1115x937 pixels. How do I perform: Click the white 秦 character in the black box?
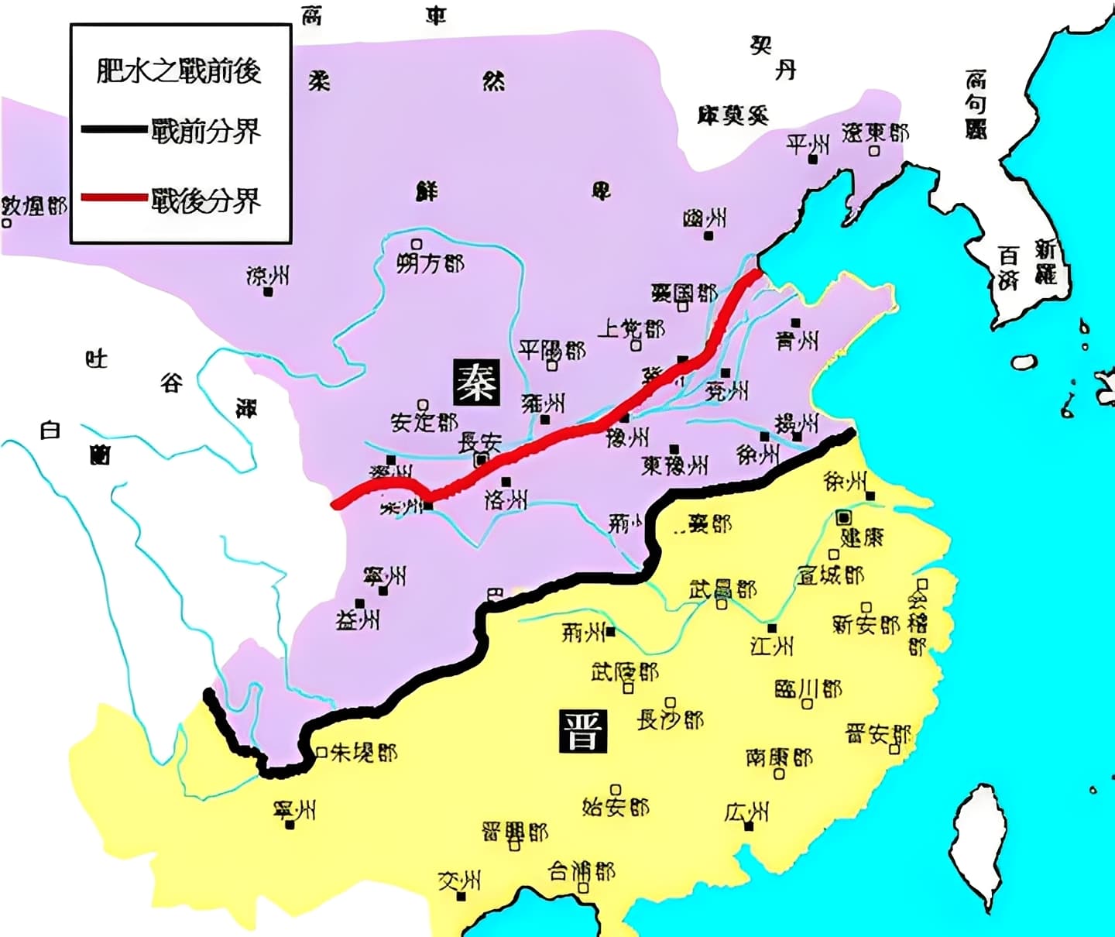pos(476,381)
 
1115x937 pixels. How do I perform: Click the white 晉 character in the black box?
pos(582,731)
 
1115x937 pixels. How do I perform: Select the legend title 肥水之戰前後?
pos(179,70)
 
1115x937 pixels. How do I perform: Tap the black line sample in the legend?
pos(114,129)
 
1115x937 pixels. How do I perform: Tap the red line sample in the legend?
pos(114,197)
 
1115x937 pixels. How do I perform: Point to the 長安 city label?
pos(480,442)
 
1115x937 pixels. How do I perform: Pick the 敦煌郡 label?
pos(34,205)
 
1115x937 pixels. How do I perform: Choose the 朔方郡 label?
pos(431,263)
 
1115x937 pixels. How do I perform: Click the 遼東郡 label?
pos(875,132)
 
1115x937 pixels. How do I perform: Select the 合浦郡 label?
pos(582,871)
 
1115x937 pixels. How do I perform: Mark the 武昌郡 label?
pos(722,589)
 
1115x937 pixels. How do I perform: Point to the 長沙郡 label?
pos(670,720)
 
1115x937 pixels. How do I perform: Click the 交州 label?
pos(459,880)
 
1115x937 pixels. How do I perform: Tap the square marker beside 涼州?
pos(268,293)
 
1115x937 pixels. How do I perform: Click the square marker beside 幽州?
pos(708,235)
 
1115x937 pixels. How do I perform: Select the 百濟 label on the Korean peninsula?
pos(1008,267)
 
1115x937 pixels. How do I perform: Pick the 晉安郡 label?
pos(878,734)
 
